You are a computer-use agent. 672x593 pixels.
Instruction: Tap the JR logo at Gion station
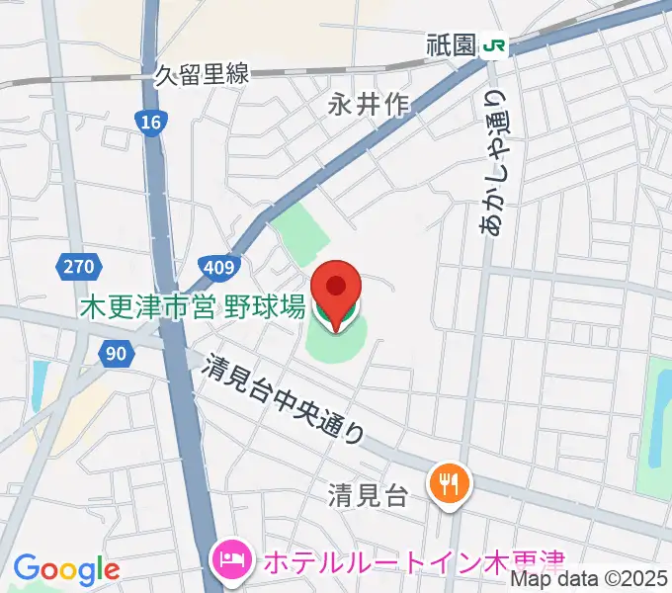(x=495, y=44)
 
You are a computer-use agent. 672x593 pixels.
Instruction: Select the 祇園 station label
(x=454, y=45)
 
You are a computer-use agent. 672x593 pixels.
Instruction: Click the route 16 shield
(x=148, y=121)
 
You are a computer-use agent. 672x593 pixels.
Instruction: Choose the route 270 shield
(x=77, y=266)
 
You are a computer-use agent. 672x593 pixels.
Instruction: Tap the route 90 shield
(x=116, y=352)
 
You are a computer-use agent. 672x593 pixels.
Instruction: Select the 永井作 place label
(x=370, y=104)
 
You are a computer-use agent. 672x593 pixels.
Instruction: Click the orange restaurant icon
(x=450, y=482)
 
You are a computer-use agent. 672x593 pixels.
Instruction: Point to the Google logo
(x=66, y=569)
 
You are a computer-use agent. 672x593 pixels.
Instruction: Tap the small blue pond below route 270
(x=40, y=385)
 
